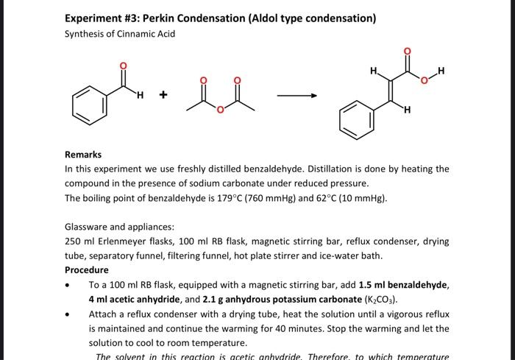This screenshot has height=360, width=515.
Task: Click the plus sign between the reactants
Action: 163,95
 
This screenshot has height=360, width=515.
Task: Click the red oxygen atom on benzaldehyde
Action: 123,67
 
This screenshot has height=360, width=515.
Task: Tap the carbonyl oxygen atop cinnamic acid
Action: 406,51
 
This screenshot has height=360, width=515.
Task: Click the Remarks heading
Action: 83,155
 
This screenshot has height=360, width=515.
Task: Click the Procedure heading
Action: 86,270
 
